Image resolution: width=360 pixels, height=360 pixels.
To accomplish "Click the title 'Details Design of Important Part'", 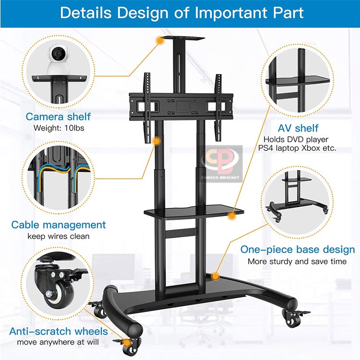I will [181, 12].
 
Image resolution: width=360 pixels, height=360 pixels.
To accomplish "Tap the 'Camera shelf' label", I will [58, 116].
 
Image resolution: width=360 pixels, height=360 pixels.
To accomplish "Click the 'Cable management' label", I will [59, 225].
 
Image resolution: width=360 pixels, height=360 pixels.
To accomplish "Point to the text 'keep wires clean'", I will [59, 236].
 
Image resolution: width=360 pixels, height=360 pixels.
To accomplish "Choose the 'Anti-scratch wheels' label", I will [58, 331].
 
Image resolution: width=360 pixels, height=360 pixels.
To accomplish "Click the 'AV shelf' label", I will [298, 128].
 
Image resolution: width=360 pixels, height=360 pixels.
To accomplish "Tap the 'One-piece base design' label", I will [298, 250].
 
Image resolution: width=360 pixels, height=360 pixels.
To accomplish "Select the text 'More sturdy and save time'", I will [297, 262].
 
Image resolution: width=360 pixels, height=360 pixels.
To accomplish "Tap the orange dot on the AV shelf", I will [231, 216].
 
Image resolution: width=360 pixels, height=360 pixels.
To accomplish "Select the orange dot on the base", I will [216, 276].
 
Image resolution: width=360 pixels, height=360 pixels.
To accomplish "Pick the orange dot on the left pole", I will [156, 141].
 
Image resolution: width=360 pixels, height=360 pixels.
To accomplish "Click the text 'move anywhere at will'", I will [58, 342].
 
